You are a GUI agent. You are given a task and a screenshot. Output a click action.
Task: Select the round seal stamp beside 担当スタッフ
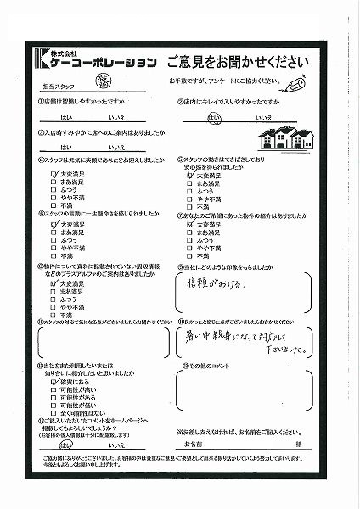[x=105, y=81]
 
